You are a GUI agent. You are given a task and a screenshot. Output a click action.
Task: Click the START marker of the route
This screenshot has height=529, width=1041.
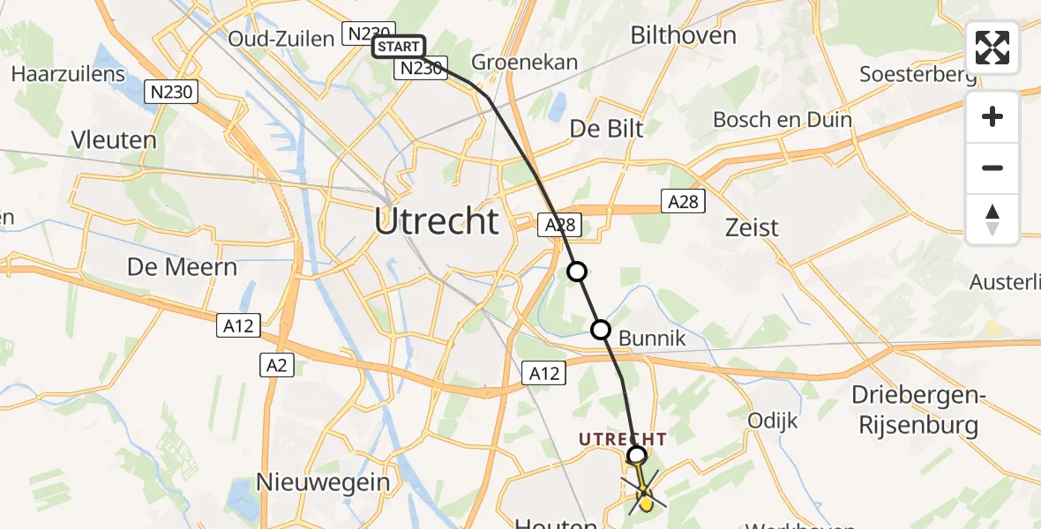click(399, 46)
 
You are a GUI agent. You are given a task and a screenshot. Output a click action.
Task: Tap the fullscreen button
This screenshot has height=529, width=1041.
click(992, 48)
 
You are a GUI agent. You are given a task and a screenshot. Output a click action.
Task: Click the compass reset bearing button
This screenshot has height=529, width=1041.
click(992, 220)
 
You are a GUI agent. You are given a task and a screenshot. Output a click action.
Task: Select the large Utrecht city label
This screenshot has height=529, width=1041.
click(437, 220)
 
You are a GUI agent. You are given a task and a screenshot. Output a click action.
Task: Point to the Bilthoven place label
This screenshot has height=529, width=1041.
click(684, 35)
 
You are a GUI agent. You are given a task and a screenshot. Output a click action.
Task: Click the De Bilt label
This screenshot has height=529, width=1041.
click(607, 128)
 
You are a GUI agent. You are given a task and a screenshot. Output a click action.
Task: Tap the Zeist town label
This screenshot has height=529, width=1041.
click(751, 227)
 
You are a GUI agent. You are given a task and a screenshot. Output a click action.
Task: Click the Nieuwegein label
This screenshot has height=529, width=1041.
click(323, 481)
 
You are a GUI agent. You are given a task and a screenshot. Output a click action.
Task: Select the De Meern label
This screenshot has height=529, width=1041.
click(183, 266)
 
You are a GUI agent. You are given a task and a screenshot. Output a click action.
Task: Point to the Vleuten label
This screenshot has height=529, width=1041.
click(116, 139)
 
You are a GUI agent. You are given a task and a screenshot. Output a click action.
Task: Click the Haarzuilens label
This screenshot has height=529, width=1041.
click(68, 73)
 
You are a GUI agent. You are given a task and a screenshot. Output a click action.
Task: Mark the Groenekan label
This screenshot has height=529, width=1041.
click(525, 62)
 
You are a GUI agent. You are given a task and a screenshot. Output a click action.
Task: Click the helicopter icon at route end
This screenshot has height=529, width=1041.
click(645, 497)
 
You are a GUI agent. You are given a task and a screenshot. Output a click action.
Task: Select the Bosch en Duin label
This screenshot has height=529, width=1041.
click(769, 119)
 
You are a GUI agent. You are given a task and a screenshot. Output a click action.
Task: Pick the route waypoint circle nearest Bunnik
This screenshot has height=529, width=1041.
click(601, 331)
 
